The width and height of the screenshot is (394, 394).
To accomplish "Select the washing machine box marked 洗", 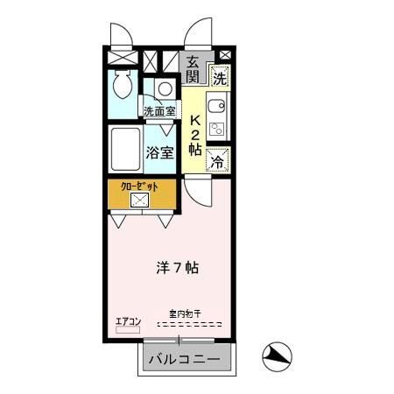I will coord(219,76).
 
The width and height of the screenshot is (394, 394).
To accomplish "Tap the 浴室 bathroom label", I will coord(161,151).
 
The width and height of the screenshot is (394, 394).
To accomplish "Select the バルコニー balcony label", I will coord(184,359).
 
